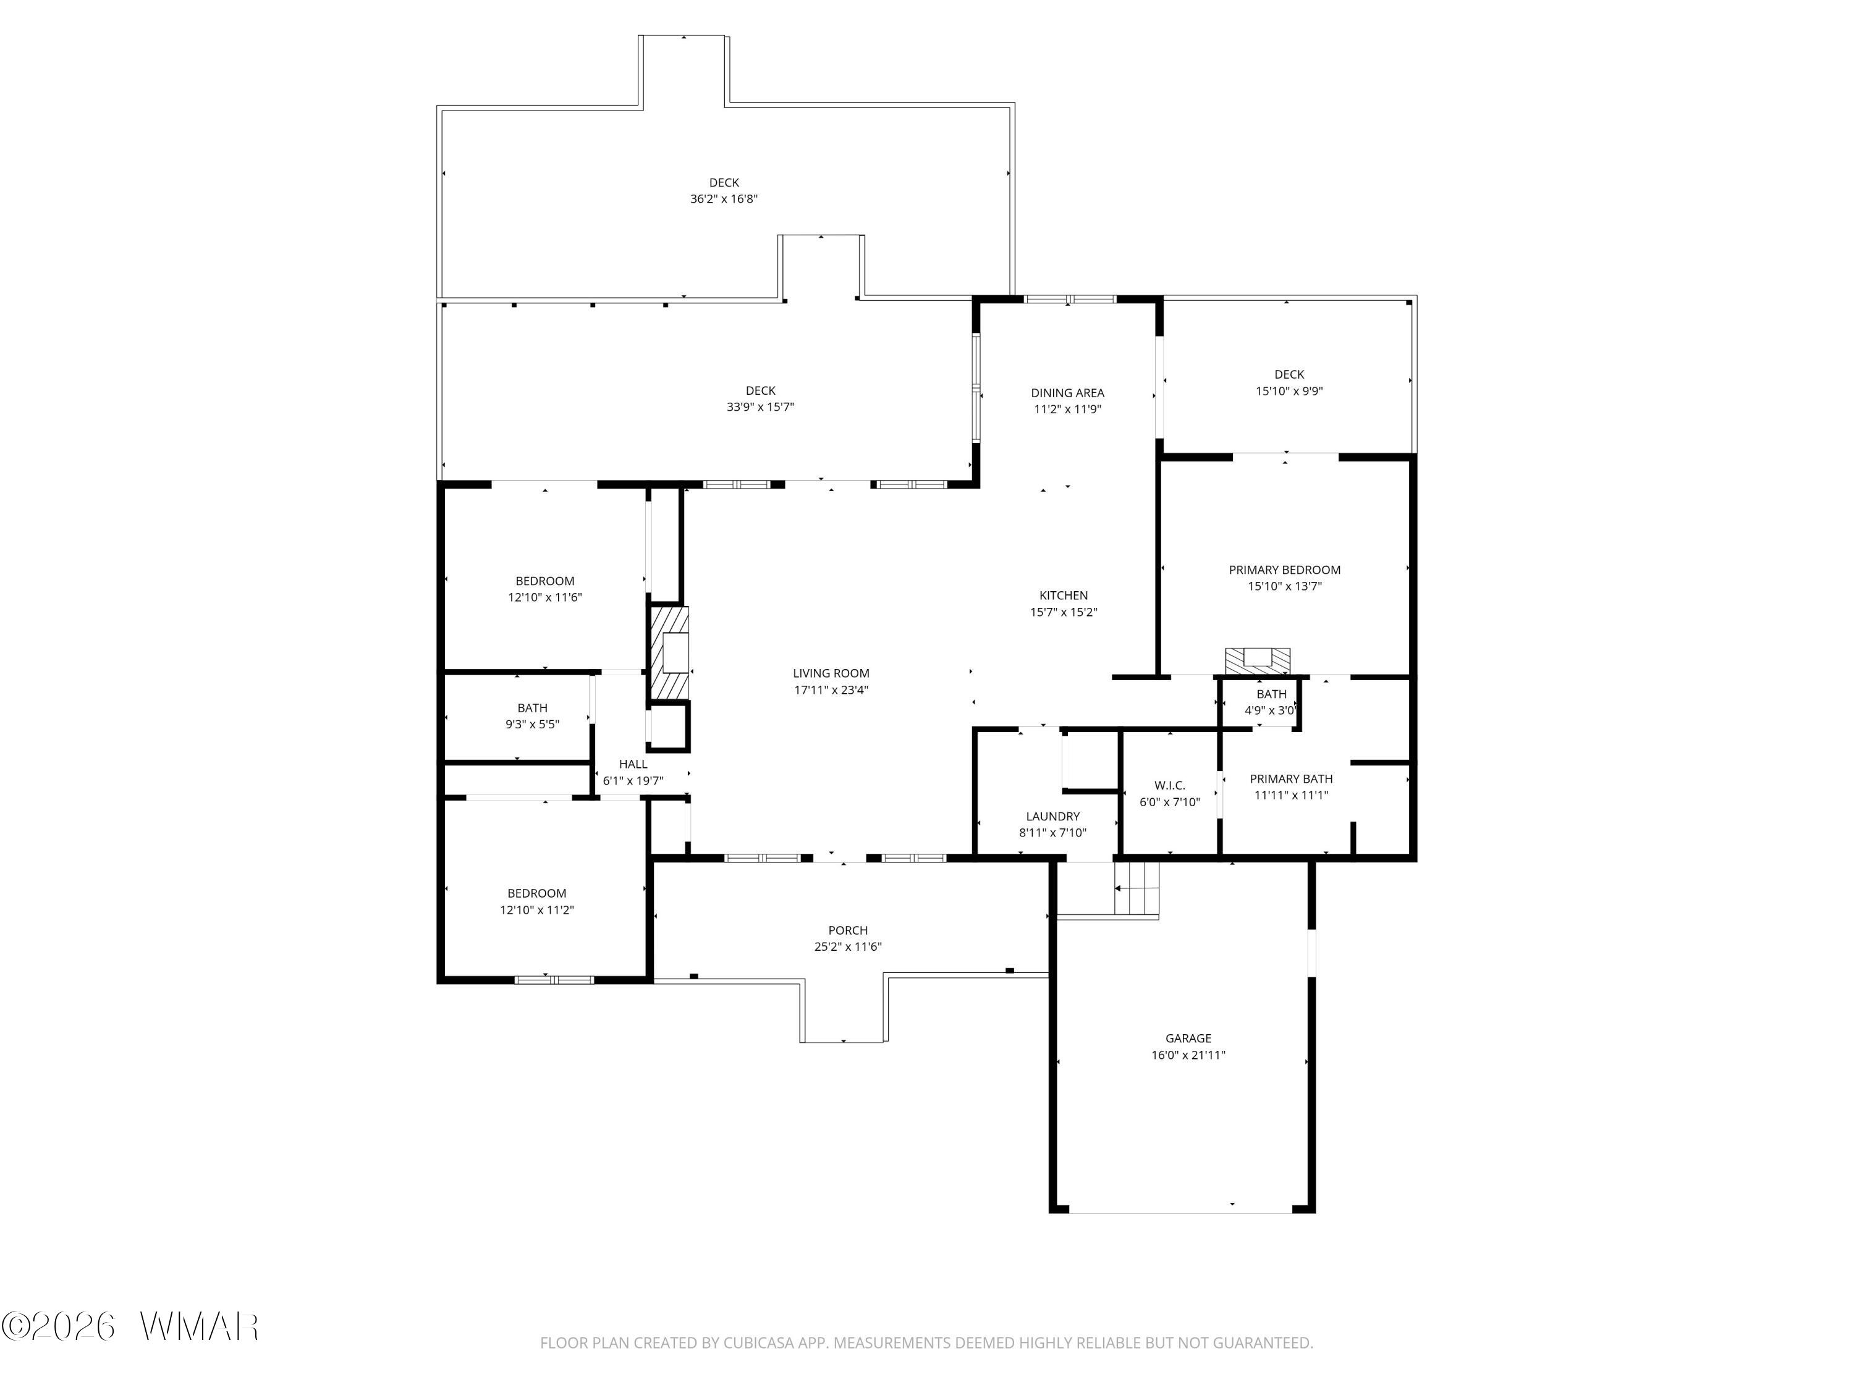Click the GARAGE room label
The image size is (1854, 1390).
(x=1188, y=1038)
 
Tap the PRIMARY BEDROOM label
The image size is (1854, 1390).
(x=1284, y=570)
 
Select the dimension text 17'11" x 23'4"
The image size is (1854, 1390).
(x=831, y=689)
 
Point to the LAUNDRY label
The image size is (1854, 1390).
(x=1052, y=816)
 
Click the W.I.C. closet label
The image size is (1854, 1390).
(x=1169, y=785)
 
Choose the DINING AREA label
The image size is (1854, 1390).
(x=1067, y=393)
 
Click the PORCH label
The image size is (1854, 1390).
(x=847, y=930)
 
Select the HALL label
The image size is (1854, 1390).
(x=633, y=764)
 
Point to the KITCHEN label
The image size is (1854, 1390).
(x=1064, y=596)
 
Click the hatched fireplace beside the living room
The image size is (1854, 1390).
(x=671, y=653)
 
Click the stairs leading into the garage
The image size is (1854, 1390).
(x=1136, y=889)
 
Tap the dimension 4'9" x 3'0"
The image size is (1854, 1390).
(x=1271, y=710)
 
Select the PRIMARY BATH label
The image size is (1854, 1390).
(x=1291, y=779)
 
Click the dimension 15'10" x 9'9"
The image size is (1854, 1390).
(x=1289, y=391)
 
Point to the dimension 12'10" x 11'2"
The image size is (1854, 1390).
(x=536, y=910)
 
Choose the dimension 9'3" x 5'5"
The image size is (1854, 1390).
(x=532, y=724)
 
